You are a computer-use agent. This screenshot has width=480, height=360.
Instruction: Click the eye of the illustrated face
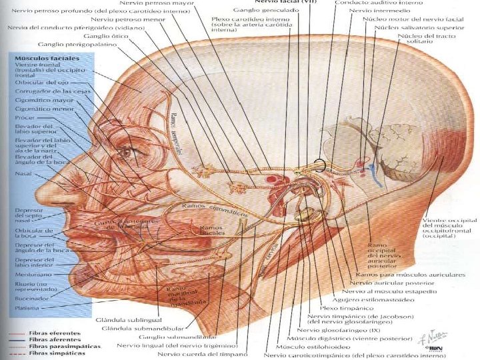tap(125, 152)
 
